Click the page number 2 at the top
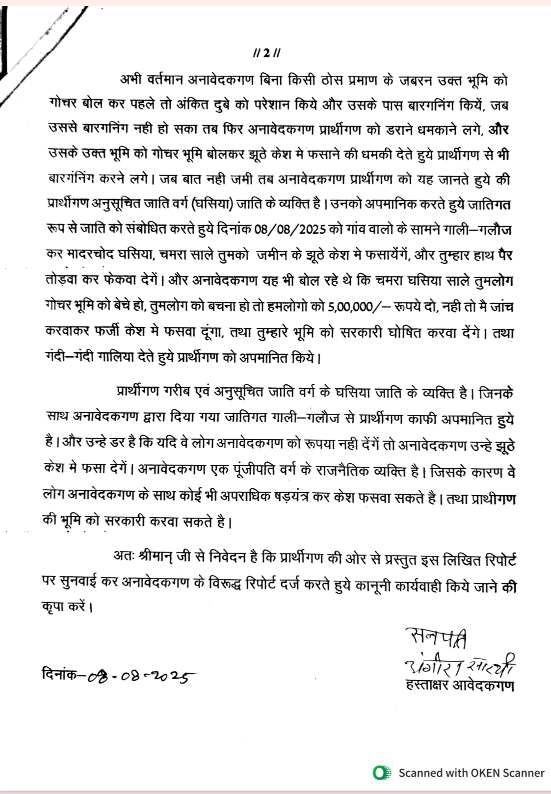click(x=266, y=53)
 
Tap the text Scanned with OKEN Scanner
click(x=471, y=773)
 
